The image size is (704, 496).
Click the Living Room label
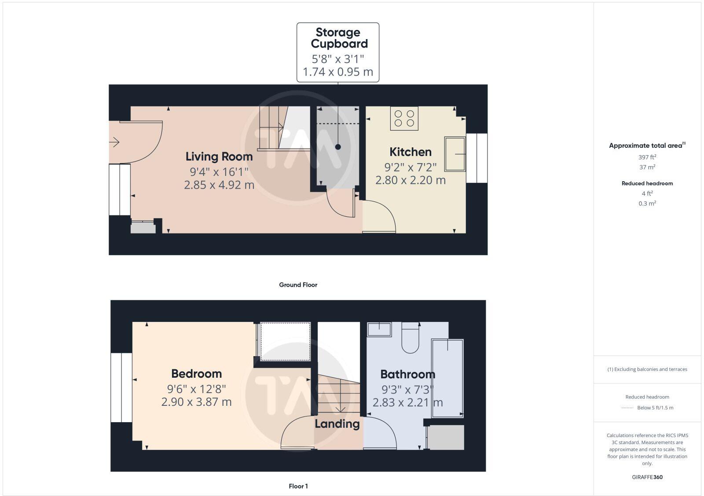(219, 157)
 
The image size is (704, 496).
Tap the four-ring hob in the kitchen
(404, 118)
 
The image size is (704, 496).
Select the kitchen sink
(455, 154)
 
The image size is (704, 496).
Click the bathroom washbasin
(379, 329)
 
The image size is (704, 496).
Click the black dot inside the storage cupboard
(338, 147)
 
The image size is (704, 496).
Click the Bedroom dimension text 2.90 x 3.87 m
(196, 402)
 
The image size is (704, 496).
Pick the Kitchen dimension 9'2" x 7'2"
(410, 167)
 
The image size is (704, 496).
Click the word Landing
(337, 424)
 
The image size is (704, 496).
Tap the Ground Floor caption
(298, 285)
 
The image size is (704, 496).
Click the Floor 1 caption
(298, 486)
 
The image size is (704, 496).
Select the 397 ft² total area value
(647, 157)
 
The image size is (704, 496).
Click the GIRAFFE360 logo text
(647, 477)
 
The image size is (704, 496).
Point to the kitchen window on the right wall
(477, 158)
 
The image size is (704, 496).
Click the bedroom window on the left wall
(121, 387)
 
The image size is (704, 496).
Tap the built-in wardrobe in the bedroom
(286, 342)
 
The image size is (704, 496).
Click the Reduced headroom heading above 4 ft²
(647, 183)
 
